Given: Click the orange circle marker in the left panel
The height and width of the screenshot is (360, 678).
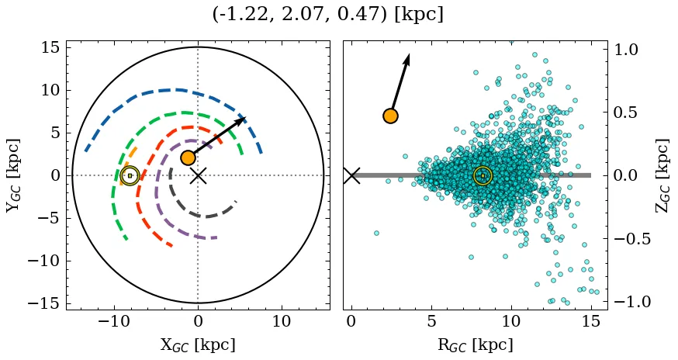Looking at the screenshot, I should (188, 157).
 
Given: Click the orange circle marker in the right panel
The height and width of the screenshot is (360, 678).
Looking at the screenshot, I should (390, 116).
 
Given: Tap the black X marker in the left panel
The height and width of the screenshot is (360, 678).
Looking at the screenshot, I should (198, 175).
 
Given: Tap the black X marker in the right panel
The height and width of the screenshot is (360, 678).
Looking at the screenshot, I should (351, 175).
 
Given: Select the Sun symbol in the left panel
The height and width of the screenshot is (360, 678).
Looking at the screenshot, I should (130, 176).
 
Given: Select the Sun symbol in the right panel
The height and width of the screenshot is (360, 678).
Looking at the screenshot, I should (483, 176).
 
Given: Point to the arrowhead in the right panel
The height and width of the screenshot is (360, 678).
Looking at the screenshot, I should (407, 58).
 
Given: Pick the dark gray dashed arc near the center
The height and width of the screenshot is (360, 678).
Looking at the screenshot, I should (203, 216).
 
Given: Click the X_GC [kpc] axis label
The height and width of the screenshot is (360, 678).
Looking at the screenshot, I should (197, 344).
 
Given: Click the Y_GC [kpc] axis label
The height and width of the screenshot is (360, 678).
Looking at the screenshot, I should (13, 175).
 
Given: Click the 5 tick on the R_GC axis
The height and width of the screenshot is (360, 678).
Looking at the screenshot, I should (431, 321).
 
